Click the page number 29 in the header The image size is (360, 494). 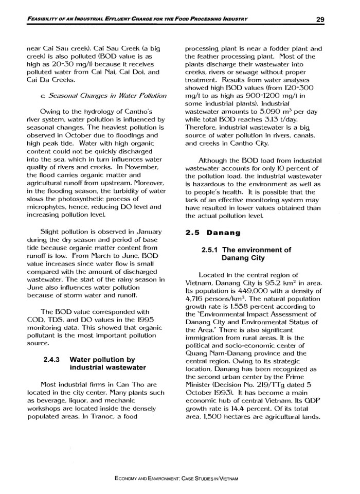pos(320,20)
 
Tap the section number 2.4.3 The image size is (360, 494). pos(53,359)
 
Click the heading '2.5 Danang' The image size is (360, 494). pos(212,233)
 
